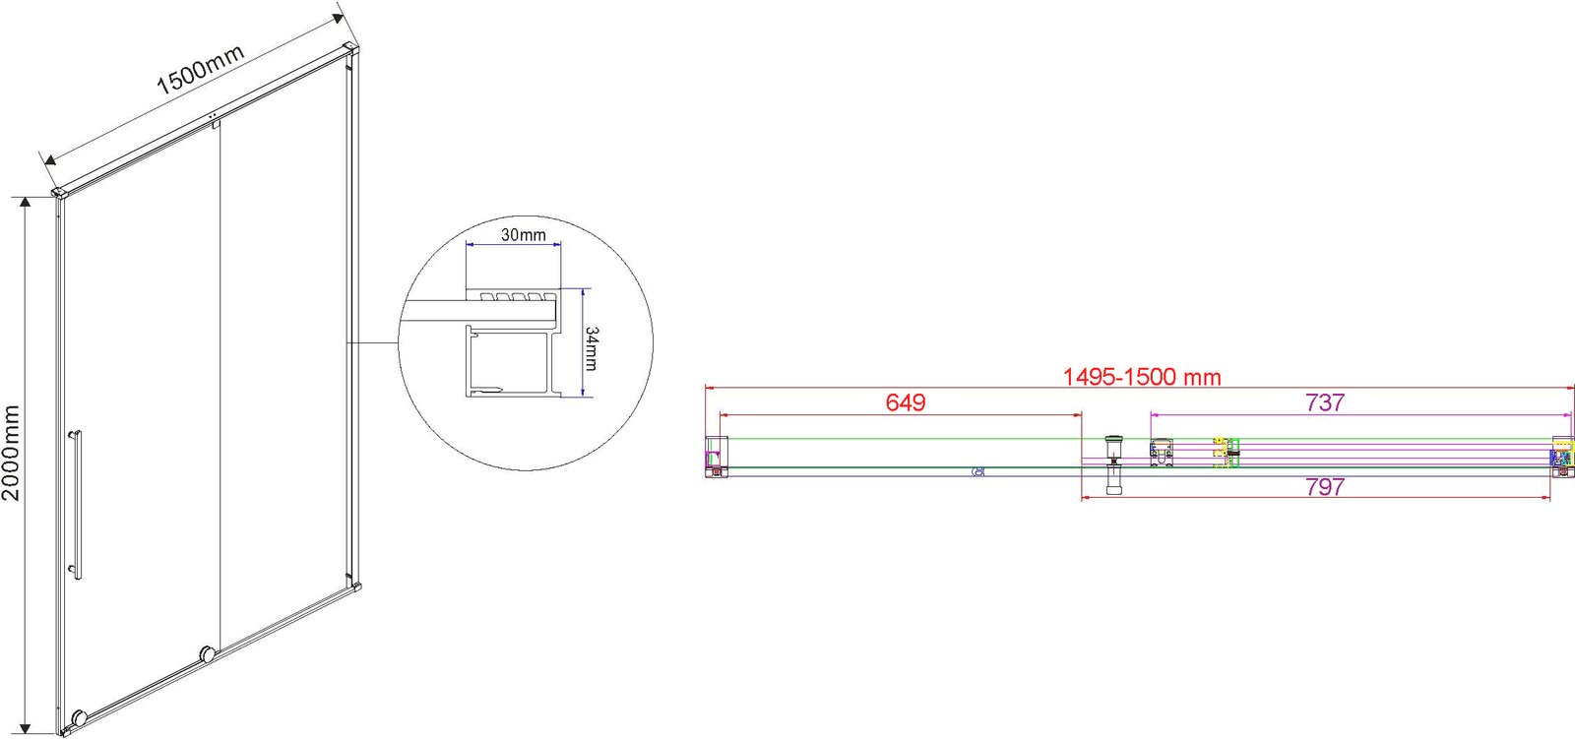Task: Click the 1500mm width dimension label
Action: coord(200,70)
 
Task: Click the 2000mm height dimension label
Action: coord(11,453)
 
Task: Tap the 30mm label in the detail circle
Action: coord(523,235)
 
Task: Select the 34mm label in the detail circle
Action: coord(592,348)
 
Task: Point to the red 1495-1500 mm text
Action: coord(1142,377)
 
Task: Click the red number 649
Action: coord(906,402)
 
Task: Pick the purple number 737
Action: coord(1325,402)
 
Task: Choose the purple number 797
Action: coord(1325,486)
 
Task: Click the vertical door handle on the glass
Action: coord(75,504)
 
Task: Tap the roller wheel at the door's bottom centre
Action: coord(208,654)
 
